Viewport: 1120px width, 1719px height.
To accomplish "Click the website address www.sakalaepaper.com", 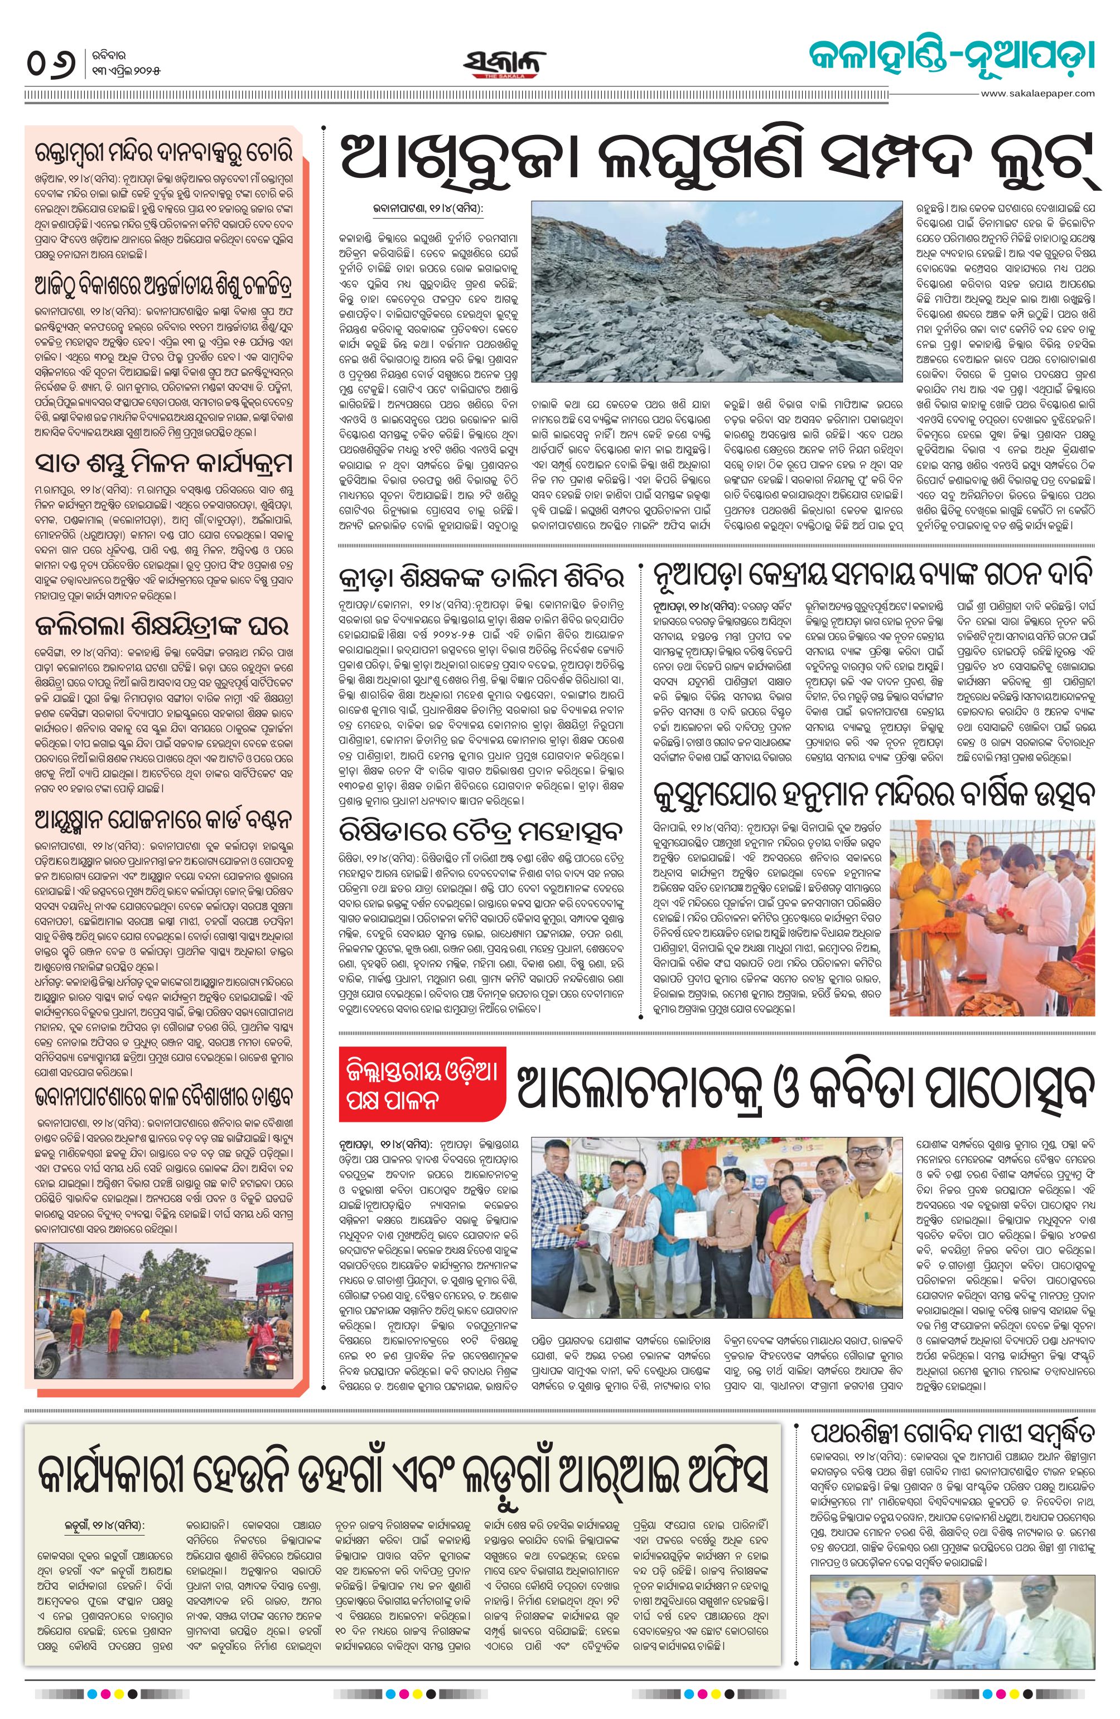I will [x=1037, y=93].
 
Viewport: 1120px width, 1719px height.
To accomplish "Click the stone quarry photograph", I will [x=716, y=291].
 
